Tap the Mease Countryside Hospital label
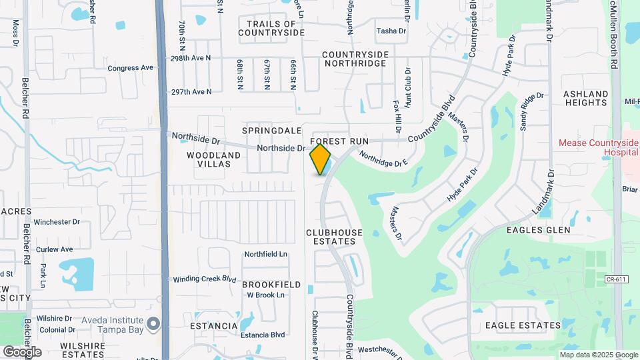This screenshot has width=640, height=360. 598,147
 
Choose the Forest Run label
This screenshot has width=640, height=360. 339,142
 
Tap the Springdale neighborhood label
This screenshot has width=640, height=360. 268,130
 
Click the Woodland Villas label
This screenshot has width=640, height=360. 213,160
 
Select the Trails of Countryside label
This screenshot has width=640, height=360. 271,27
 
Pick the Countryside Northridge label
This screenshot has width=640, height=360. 354,59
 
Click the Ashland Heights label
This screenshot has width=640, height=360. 586,98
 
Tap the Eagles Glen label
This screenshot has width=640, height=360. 538,230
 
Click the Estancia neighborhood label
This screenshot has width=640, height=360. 213,326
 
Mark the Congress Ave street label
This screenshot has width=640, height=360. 131,68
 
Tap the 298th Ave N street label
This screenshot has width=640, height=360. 191,59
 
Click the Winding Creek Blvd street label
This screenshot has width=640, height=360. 205,279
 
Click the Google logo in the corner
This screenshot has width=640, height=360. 22,351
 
